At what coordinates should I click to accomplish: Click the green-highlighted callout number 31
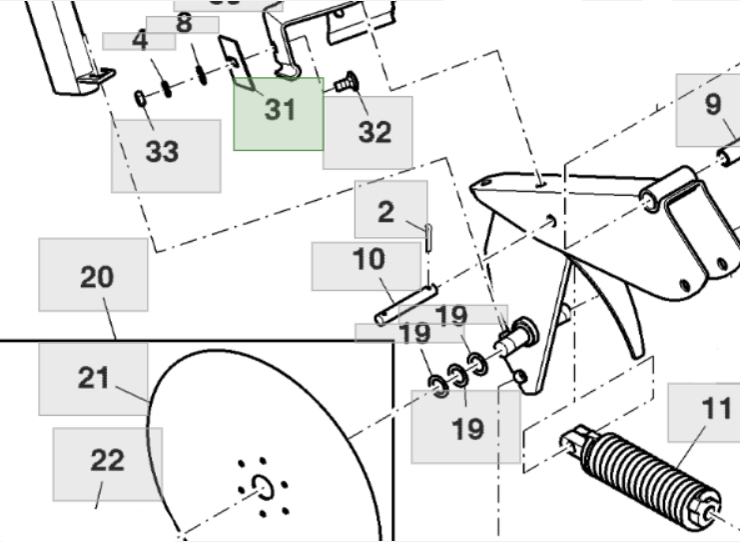point(279,112)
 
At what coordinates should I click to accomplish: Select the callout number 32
point(373,132)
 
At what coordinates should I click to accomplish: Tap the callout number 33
point(163,152)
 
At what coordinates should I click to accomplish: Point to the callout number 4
point(140,41)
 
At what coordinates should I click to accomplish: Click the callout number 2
point(386,211)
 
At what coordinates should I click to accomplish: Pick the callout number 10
point(368,260)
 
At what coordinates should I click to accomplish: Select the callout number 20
point(96,276)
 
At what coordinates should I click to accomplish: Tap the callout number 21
point(94,378)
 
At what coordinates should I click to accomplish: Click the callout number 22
point(107,460)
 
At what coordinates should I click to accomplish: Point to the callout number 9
point(712,105)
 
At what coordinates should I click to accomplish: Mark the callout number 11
point(715,409)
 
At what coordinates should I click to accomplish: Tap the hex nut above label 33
point(142,99)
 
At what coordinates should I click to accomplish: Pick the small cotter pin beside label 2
point(426,233)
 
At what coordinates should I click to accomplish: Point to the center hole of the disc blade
point(263,486)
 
